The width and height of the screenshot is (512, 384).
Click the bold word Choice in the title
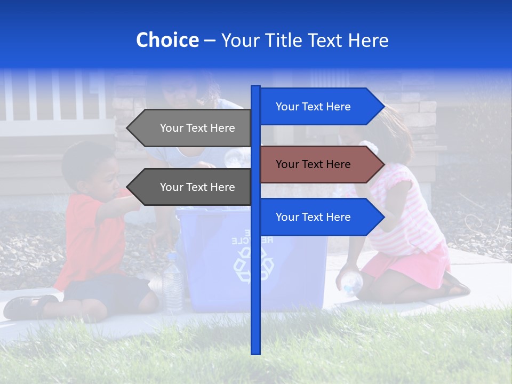pos(167,40)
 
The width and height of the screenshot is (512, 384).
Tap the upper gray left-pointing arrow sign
pos(192,128)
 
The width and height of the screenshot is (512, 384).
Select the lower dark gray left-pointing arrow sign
pos(192,187)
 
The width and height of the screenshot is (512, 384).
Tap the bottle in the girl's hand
pos(350,283)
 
